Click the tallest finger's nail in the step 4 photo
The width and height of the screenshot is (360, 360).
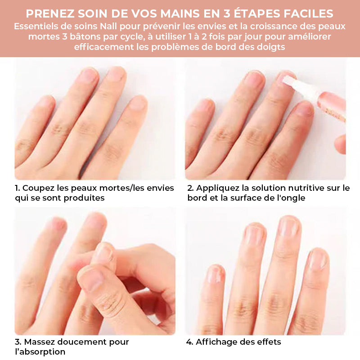click(x=288, y=226)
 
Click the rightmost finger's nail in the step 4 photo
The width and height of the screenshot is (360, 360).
click(x=319, y=259)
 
